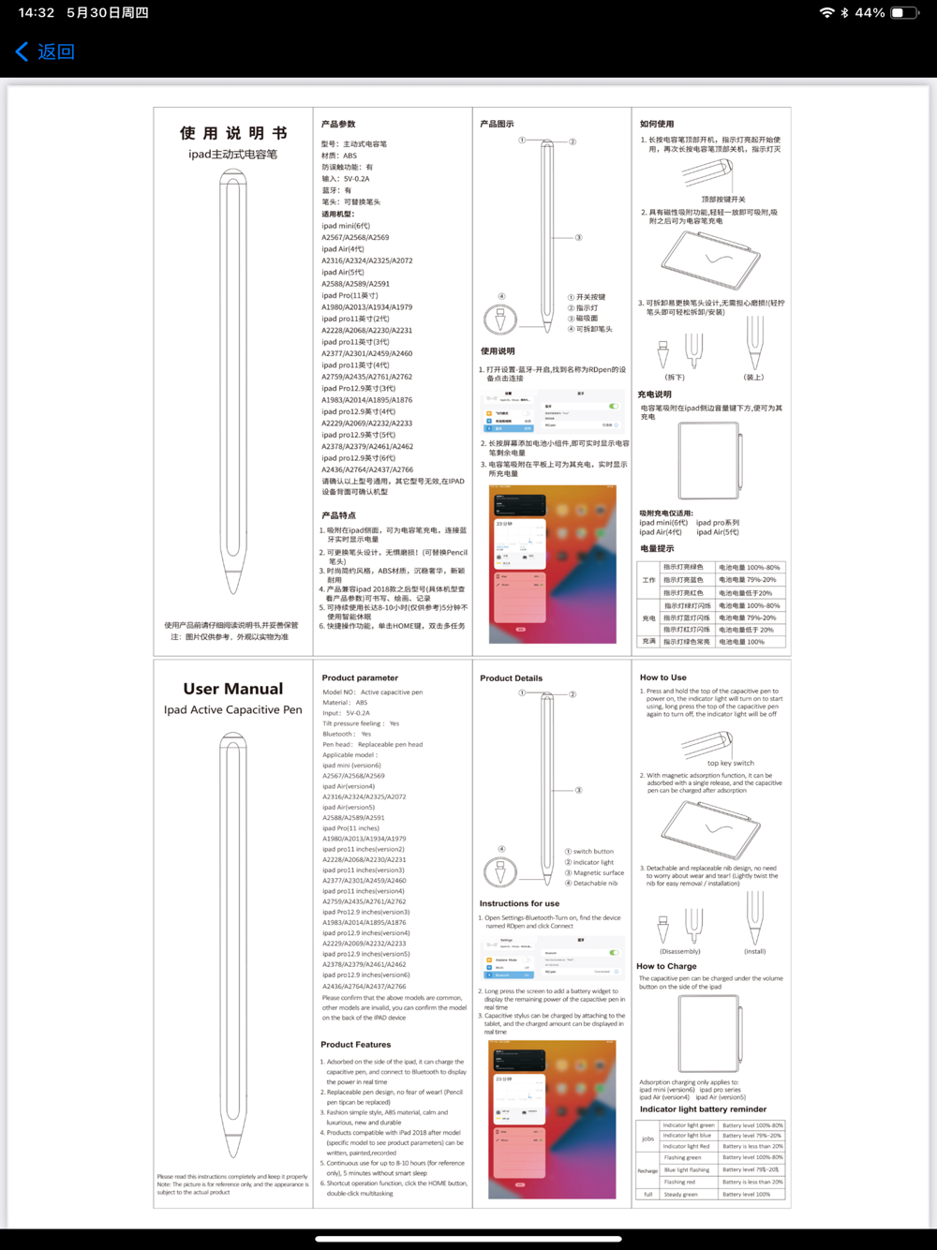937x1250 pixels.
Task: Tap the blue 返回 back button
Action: pyautogui.click(x=45, y=52)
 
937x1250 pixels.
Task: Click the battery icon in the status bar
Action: pyautogui.click(x=904, y=13)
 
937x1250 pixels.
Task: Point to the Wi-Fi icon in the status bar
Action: pyautogui.click(x=826, y=13)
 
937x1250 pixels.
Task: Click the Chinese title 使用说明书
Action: pyautogui.click(x=233, y=133)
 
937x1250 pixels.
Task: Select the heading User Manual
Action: pyautogui.click(x=233, y=689)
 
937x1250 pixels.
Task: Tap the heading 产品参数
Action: pyautogui.click(x=338, y=124)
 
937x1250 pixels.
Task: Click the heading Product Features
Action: pyautogui.click(x=355, y=1044)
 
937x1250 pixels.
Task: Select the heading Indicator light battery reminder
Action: pyautogui.click(x=703, y=1109)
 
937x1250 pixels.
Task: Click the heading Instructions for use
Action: pyautogui.click(x=519, y=903)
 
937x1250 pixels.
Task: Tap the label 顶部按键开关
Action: pyautogui.click(x=723, y=200)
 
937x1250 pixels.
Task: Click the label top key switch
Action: pyautogui.click(x=730, y=763)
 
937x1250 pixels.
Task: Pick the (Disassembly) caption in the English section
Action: pyautogui.click(x=679, y=951)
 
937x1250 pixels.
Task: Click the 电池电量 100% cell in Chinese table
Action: pyautogui.click(x=741, y=642)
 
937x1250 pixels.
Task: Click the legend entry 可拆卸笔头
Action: pyautogui.click(x=593, y=329)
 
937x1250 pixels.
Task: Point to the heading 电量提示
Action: pyautogui.click(x=657, y=548)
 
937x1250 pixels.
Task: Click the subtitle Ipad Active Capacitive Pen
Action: pyautogui.click(x=233, y=709)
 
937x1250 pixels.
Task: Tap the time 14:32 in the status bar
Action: pyautogui.click(x=37, y=13)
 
